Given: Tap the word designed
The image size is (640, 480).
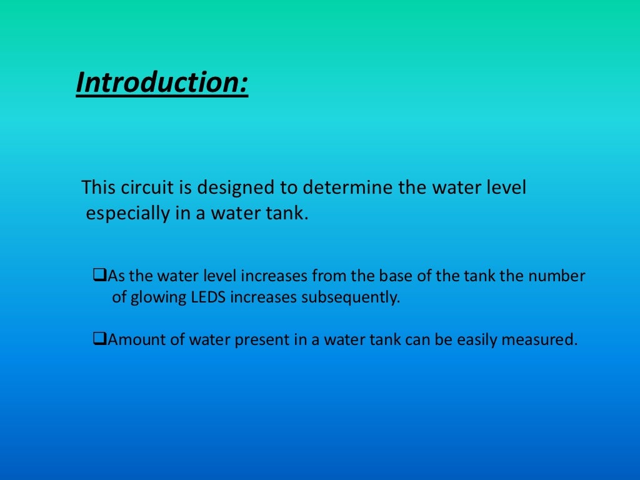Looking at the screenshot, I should click(234, 187).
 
